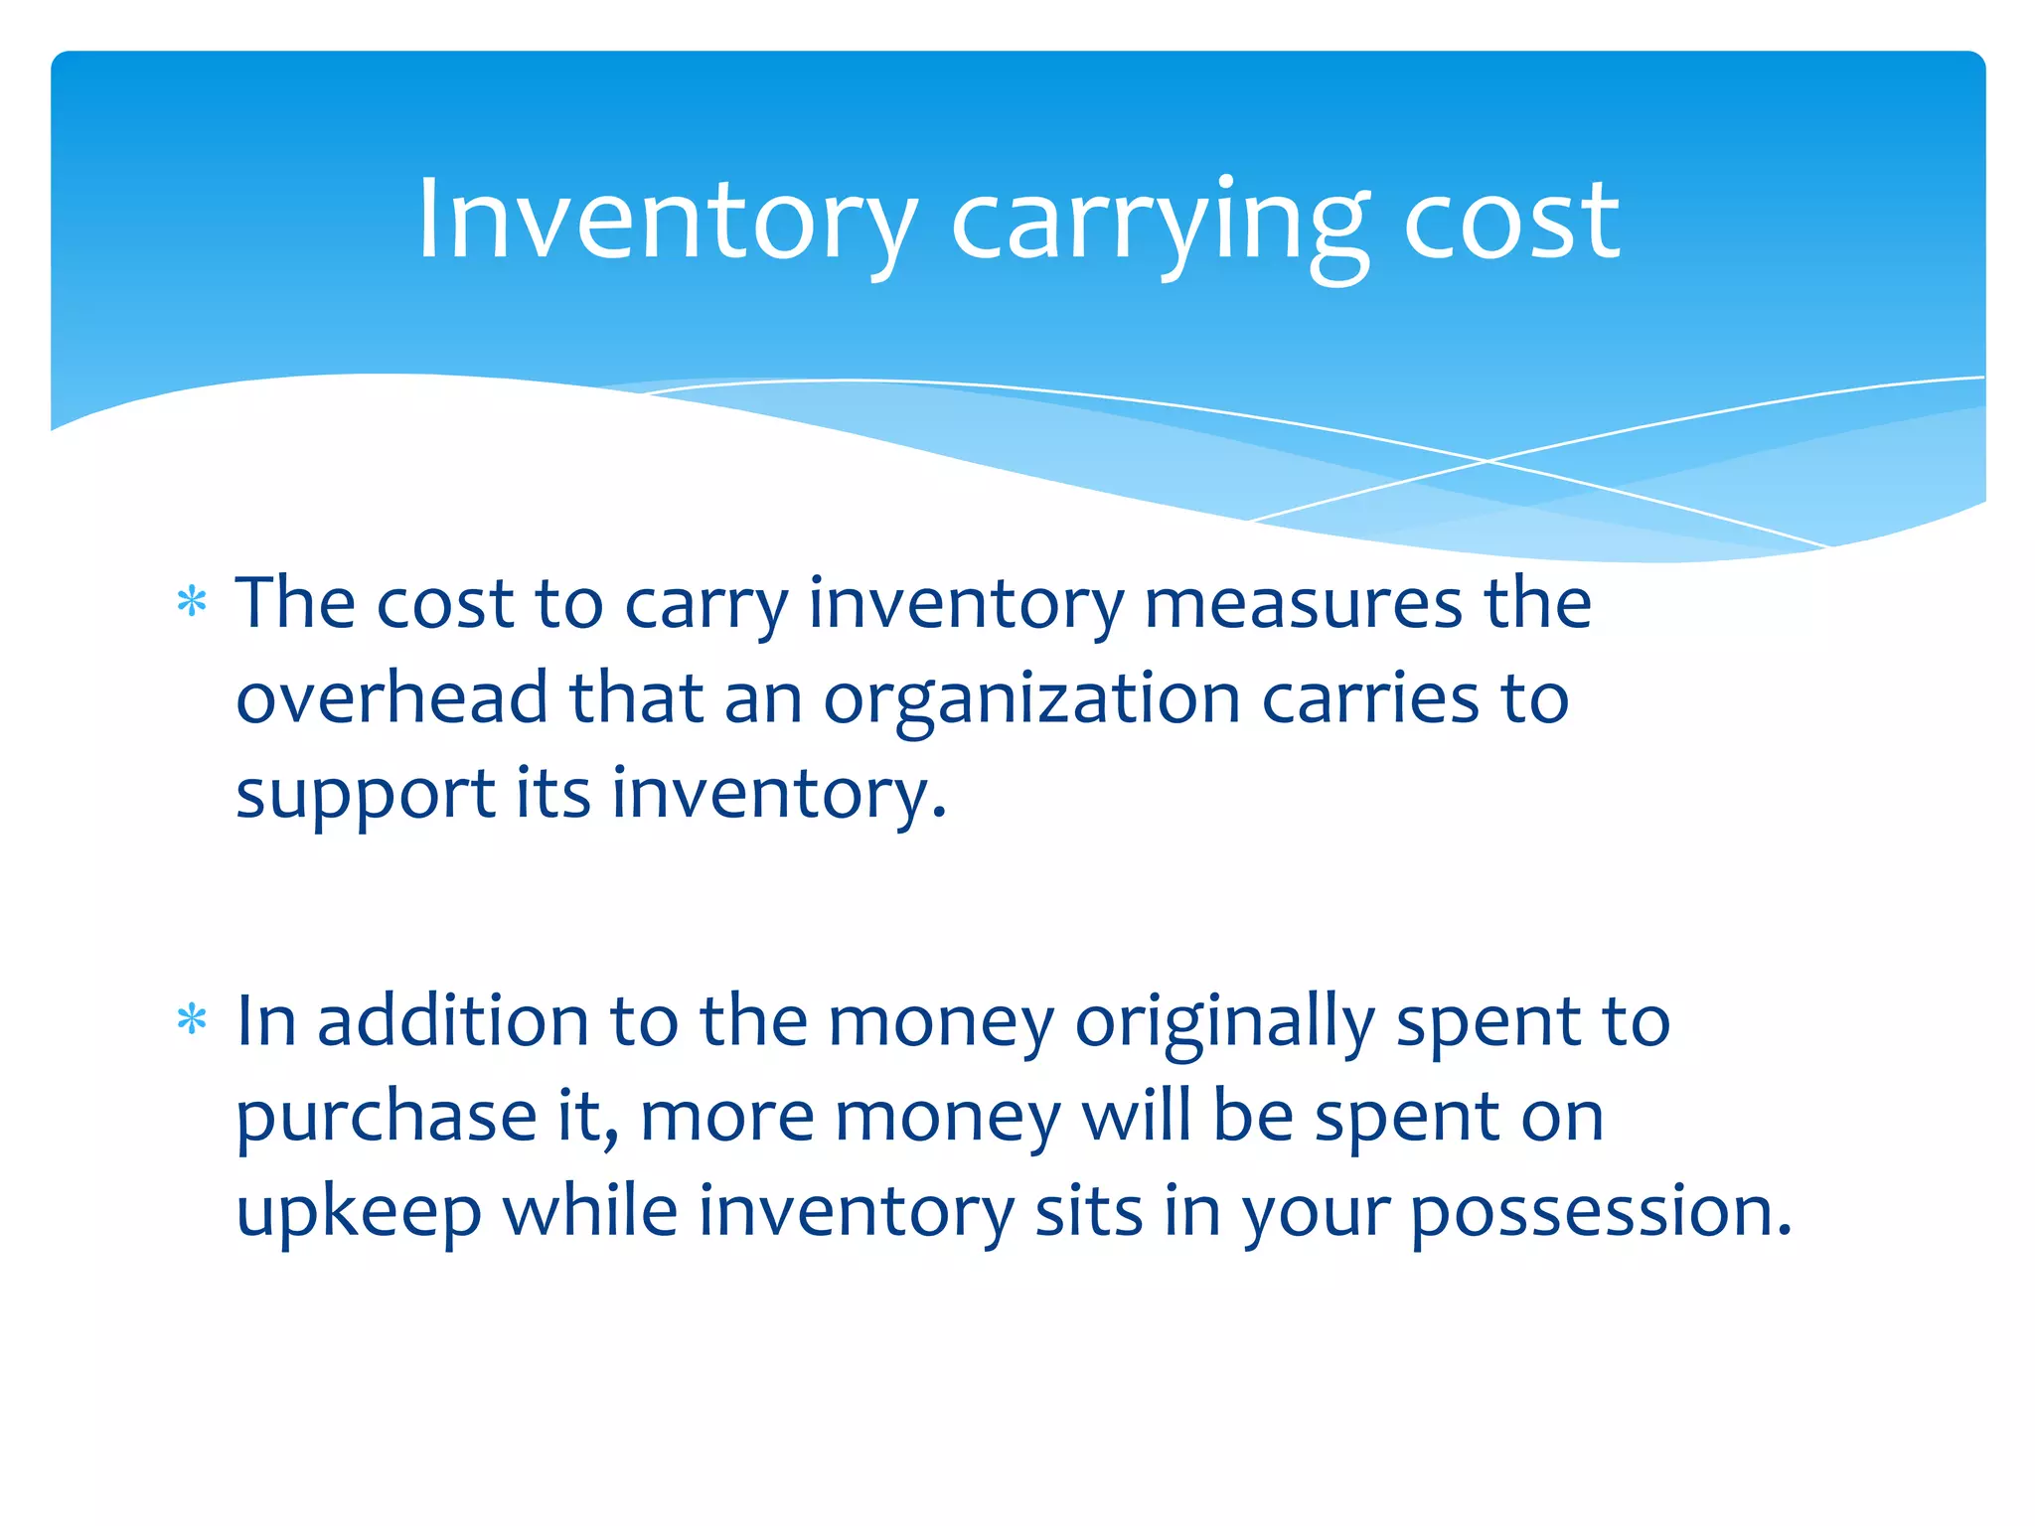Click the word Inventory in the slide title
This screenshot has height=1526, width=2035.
tap(667, 221)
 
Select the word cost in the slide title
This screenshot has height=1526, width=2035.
tap(1511, 221)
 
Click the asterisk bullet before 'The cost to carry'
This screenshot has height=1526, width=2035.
tap(192, 602)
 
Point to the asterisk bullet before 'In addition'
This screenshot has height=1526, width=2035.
tap(192, 1020)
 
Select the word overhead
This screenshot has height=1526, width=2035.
tap(391, 697)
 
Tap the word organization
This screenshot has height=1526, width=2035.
tap(1031, 700)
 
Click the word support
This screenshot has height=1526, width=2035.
tap(365, 795)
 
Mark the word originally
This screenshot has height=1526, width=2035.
tap(1224, 1023)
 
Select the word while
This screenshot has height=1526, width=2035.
tap(590, 1211)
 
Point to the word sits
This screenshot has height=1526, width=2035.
tap(1088, 1212)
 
